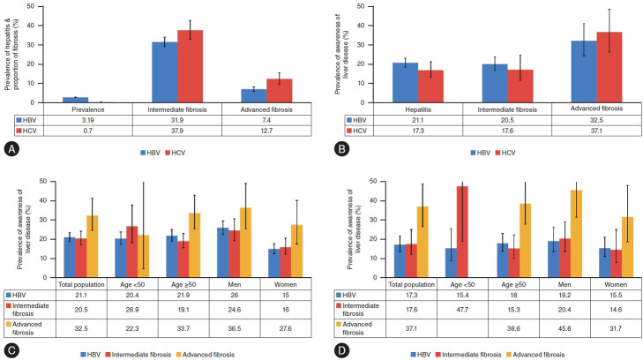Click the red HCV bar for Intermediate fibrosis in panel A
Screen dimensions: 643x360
pos(190,66)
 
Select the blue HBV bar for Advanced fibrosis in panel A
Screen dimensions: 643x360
pos(253,95)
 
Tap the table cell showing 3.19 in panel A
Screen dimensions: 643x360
pos(88,120)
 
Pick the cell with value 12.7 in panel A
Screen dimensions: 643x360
pos(266,131)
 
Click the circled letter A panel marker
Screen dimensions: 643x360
pos(11,149)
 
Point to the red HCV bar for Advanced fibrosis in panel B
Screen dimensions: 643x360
pos(609,67)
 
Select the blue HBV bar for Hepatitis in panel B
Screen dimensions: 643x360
pos(405,82)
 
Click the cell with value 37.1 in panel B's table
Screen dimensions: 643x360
pos(596,131)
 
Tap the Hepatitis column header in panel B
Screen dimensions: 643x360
pos(418,109)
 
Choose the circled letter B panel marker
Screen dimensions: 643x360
pos(342,149)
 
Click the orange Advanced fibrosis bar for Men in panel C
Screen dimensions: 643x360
pos(245,243)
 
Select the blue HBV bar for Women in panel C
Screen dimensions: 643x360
pos(274,263)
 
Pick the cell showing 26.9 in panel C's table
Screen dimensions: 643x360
pos(132,310)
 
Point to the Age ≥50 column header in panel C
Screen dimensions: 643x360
pos(183,284)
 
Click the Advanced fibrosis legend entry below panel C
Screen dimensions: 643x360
pos(205,354)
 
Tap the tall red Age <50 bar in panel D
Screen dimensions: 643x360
pos(462,232)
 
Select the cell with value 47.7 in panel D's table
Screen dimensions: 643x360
pos(462,310)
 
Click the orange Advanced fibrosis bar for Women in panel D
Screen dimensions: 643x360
pos(627,247)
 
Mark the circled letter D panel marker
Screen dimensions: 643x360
pos(342,351)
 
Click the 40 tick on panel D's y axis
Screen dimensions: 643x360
pos(374,200)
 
